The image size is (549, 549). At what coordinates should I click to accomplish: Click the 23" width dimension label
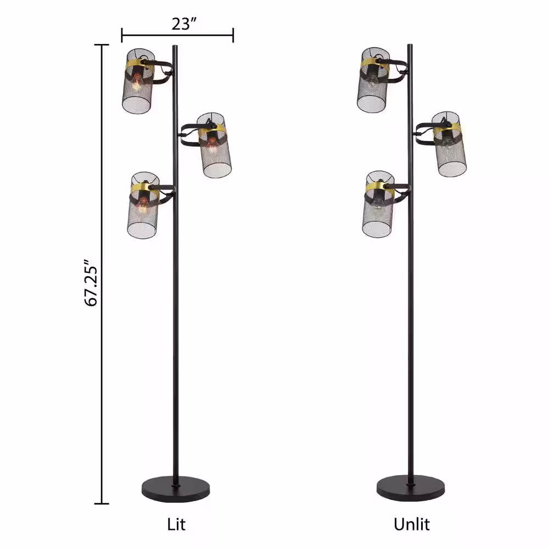[x=184, y=24]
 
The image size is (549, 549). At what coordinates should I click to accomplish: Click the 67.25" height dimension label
[x=92, y=283]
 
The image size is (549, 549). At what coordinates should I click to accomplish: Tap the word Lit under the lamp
[x=176, y=524]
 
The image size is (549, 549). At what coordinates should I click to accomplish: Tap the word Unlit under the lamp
[x=411, y=524]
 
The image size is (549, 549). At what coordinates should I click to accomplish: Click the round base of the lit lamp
[x=176, y=489]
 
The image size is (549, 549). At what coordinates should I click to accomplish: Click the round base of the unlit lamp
[x=411, y=488]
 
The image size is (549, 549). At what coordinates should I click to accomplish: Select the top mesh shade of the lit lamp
[x=138, y=81]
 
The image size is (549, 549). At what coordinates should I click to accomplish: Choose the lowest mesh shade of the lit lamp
[x=143, y=205]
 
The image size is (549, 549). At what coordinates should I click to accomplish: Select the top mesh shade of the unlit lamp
[x=373, y=80]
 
